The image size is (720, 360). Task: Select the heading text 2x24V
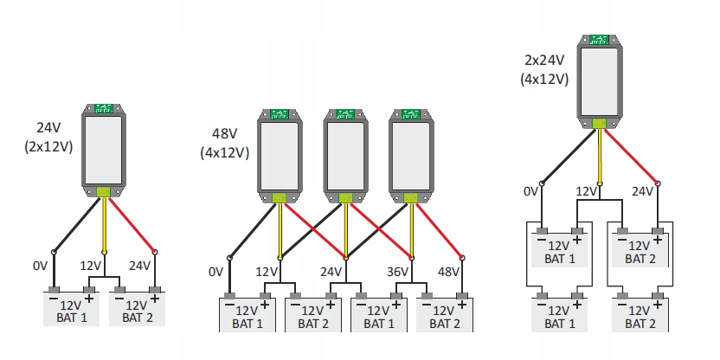tap(544, 61)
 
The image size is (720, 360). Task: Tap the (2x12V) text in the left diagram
tap(48, 146)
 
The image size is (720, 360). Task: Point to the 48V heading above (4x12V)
tap(224, 134)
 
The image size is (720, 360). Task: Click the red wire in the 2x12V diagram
tap(132, 224)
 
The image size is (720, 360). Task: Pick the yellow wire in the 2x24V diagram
tap(599, 156)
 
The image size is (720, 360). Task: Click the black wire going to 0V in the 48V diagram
tap(253, 231)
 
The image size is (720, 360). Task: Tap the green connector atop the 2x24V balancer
tap(599, 40)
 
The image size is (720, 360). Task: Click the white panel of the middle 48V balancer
tap(345, 157)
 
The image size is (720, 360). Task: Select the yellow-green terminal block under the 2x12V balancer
tap(103, 191)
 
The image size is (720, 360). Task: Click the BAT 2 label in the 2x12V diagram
tap(138, 318)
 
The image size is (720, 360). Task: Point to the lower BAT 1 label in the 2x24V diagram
tap(560, 324)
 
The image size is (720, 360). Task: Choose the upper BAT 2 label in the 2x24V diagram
tap(640, 259)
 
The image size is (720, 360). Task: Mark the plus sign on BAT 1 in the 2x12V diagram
tap(89, 299)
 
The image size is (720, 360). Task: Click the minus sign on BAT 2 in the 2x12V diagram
tap(119, 299)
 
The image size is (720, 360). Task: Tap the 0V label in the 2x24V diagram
tap(530, 191)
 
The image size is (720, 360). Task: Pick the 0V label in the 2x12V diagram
tap(40, 266)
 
